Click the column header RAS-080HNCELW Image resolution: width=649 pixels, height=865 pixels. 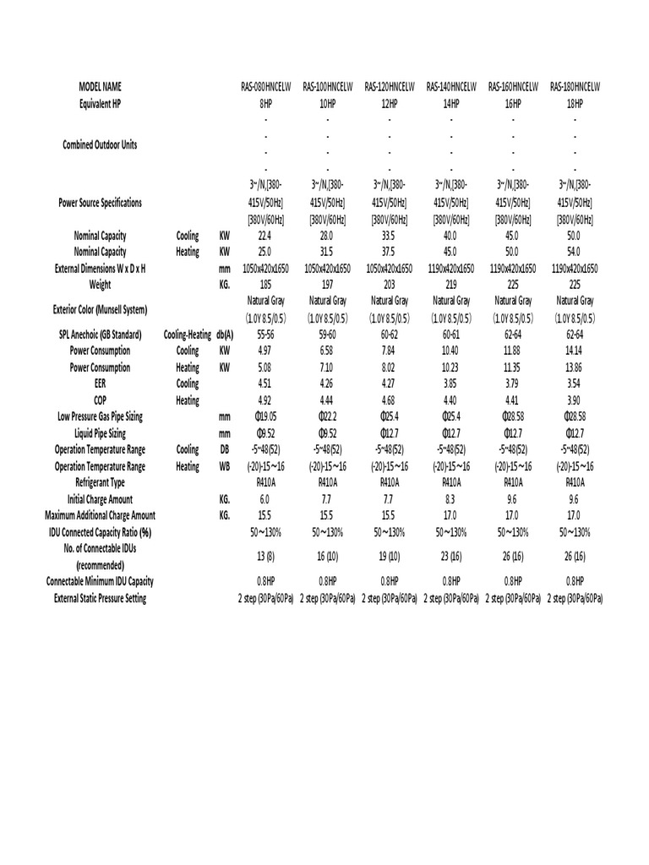click(265, 87)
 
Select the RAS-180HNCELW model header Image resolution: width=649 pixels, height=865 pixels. click(575, 87)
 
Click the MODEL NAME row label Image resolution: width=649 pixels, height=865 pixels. click(101, 87)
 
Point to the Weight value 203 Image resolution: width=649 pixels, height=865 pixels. click(390, 285)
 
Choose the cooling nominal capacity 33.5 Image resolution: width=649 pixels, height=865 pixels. click(390, 236)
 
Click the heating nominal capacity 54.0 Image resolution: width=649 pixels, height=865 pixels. click(575, 252)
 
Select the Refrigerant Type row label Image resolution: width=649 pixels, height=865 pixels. click(101, 482)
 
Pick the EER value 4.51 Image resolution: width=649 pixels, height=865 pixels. click(265, 384)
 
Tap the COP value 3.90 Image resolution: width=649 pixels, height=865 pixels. click(575, 400)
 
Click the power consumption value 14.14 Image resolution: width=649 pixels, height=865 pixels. click(575, 351)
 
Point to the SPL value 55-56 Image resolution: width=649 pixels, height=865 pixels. click(265, 335)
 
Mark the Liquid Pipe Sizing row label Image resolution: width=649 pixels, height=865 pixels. click(101, 432)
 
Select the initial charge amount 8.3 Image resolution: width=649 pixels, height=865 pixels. click(451, 499)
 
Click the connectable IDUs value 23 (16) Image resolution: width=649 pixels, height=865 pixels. click(451, 556)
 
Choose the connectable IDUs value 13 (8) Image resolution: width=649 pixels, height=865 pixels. click(265, 556)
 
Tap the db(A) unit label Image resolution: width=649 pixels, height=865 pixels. click(225, 335)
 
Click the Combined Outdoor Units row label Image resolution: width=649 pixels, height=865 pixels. click(101, 144)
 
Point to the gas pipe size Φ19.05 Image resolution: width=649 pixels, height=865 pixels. click(265, 416)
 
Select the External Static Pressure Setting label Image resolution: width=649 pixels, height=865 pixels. click(101, 598)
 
